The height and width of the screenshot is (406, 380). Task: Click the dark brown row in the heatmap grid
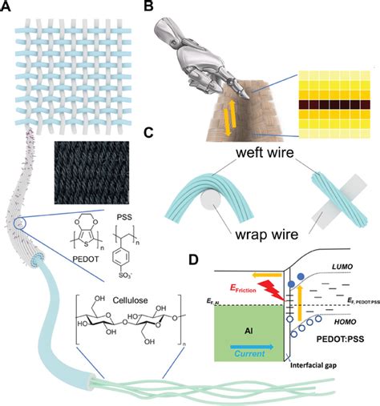pyautogui.click(x=338, y=103)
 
